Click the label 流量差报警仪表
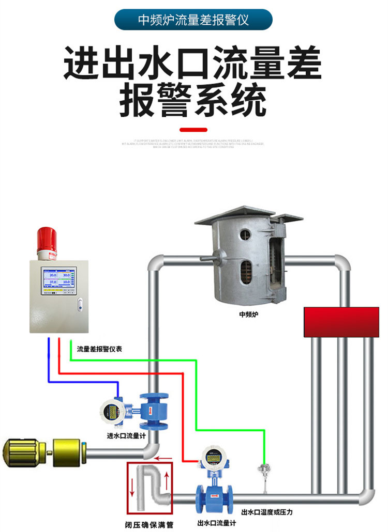tap(100, 349)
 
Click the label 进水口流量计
tap(126, 435)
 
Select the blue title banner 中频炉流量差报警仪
tap(194, 20)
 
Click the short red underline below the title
tap(193, 130)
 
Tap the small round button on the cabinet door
tap(80, 305)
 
